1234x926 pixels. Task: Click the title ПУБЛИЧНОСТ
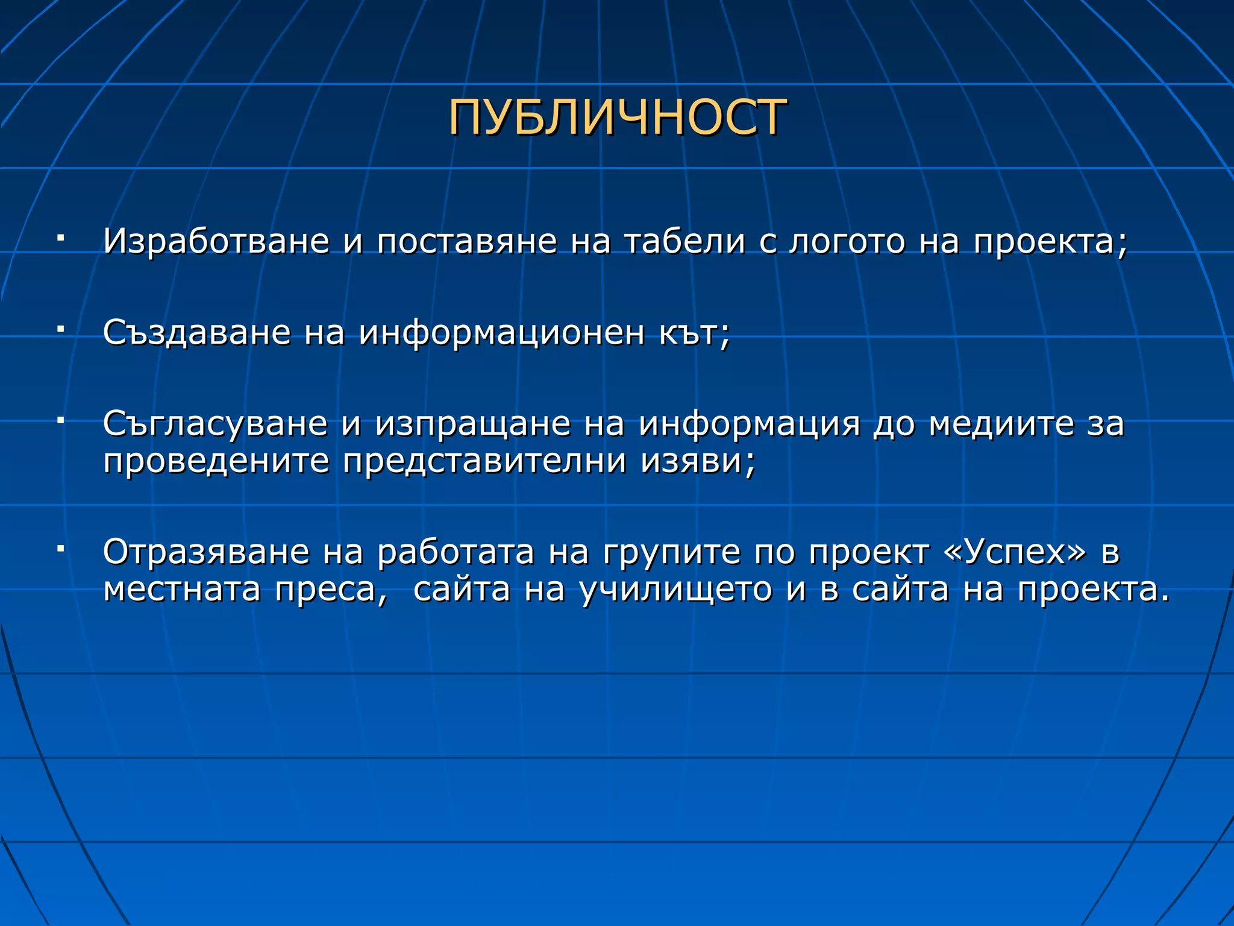(617, 118)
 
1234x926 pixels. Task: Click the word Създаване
(196, 333)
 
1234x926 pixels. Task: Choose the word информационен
(501, 333)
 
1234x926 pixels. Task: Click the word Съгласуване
(215, 424)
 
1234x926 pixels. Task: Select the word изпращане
(472, 424)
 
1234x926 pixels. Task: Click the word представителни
(485, 462)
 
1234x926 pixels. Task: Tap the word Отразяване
(206, 552)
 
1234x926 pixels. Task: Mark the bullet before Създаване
(60, 329)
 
